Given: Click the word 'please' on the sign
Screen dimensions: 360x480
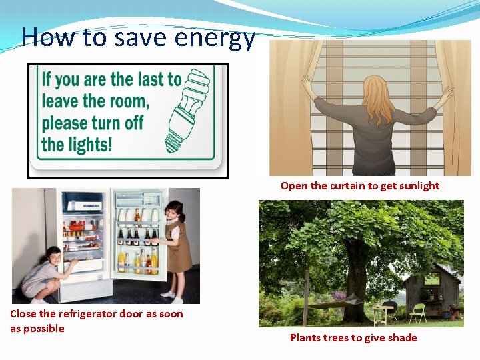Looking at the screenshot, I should point(64,123).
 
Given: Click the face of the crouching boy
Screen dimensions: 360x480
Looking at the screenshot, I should point(53,257).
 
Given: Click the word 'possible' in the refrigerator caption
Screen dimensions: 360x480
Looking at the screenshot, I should point(43,329).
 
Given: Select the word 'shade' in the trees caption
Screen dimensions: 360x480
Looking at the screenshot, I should point(402,338).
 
